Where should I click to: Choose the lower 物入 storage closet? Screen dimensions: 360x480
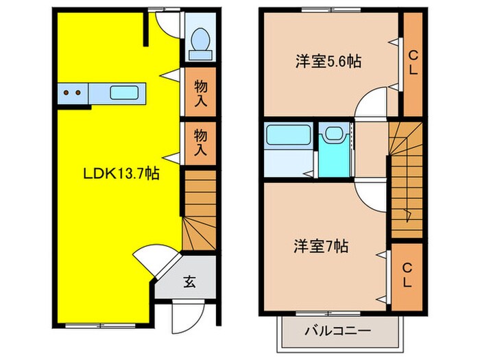pyautogui.click(x=201, y=141)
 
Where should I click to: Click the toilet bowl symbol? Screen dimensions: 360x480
pyautogui.click(x=201, y=38)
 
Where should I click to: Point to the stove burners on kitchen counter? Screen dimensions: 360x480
pyautogui.click(x=73, y=92)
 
